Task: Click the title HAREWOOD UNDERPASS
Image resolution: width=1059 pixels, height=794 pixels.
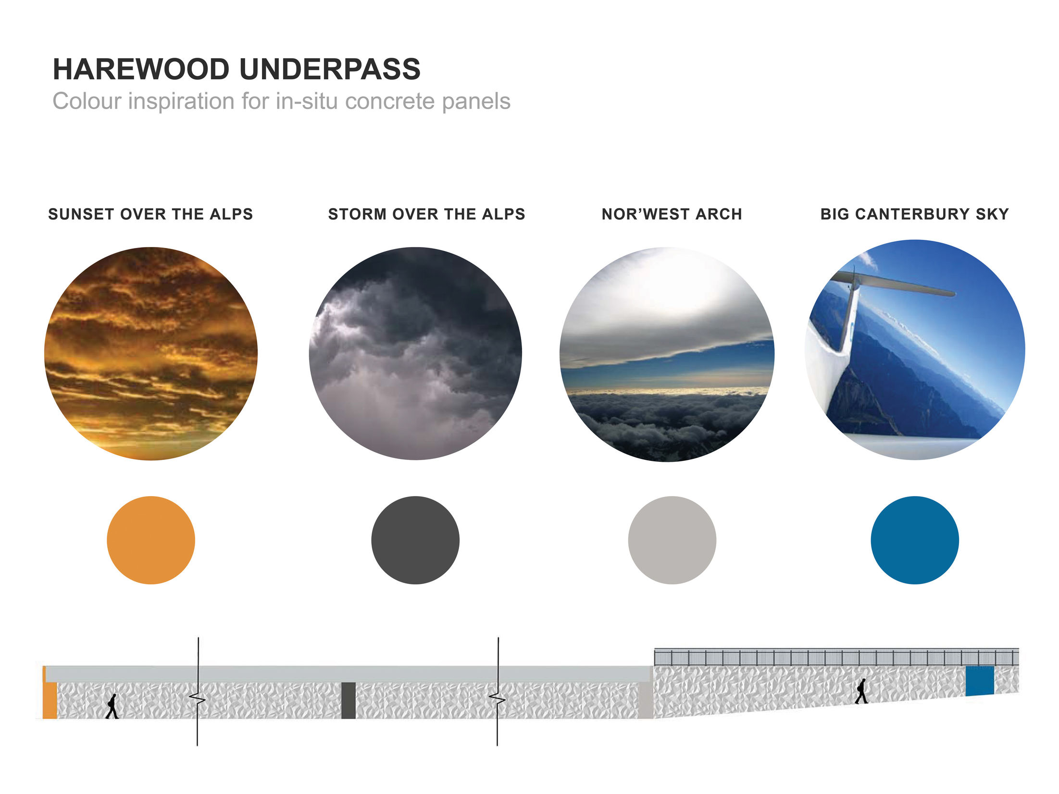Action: pyautogui.click(x=237, y=69)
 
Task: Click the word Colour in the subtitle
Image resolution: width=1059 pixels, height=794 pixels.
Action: pyautogui.click(x=87, y=101)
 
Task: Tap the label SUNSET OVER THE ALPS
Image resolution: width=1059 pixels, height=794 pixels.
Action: pyautogui.click(x=150, y=214)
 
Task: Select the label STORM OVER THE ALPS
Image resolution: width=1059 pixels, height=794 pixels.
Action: pyautogui.click(x=426, y=214)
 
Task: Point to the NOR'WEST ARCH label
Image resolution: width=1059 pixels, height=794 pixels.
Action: pyautogui.click(x=672, y=214)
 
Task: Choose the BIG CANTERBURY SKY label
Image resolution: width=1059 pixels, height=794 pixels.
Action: pyautogui.click(x=914, y=214)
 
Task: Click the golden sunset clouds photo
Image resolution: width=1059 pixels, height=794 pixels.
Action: pyautogui.click(x=150, y=354)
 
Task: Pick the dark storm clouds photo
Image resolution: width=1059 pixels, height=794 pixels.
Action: pyautogui.click(x=415, y=354)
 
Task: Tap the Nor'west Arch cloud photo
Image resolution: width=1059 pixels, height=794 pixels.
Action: pyautogui.click(x=667, y=355)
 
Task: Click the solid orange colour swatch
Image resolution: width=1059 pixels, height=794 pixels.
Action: pyautogui.click(x=150, y=540)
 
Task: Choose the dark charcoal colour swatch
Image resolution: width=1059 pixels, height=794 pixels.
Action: pyautogui.click(x=415, y=540)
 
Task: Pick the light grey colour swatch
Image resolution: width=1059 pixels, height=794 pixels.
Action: pyautogui.click(x=672, y=540)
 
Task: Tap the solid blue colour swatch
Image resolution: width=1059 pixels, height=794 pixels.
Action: pyautogui.click(x=914, y=540)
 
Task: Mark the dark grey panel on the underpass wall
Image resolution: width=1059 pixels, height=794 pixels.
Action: pyautogui.click(x=348, y=700)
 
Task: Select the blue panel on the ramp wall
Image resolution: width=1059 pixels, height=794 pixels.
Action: pyautogui.click(x=979, y=681)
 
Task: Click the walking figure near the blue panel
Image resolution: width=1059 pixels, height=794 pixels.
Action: pyautogui.click(x=861, y=691)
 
